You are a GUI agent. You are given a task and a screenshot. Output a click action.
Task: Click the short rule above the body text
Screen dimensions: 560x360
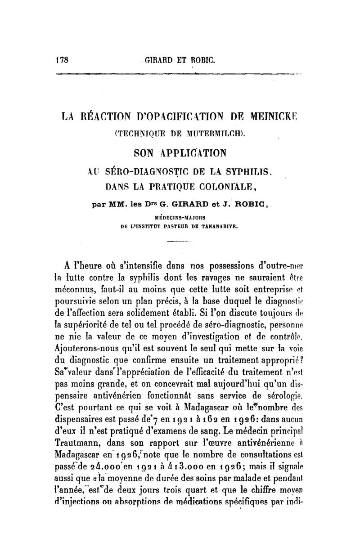(179, 243)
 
